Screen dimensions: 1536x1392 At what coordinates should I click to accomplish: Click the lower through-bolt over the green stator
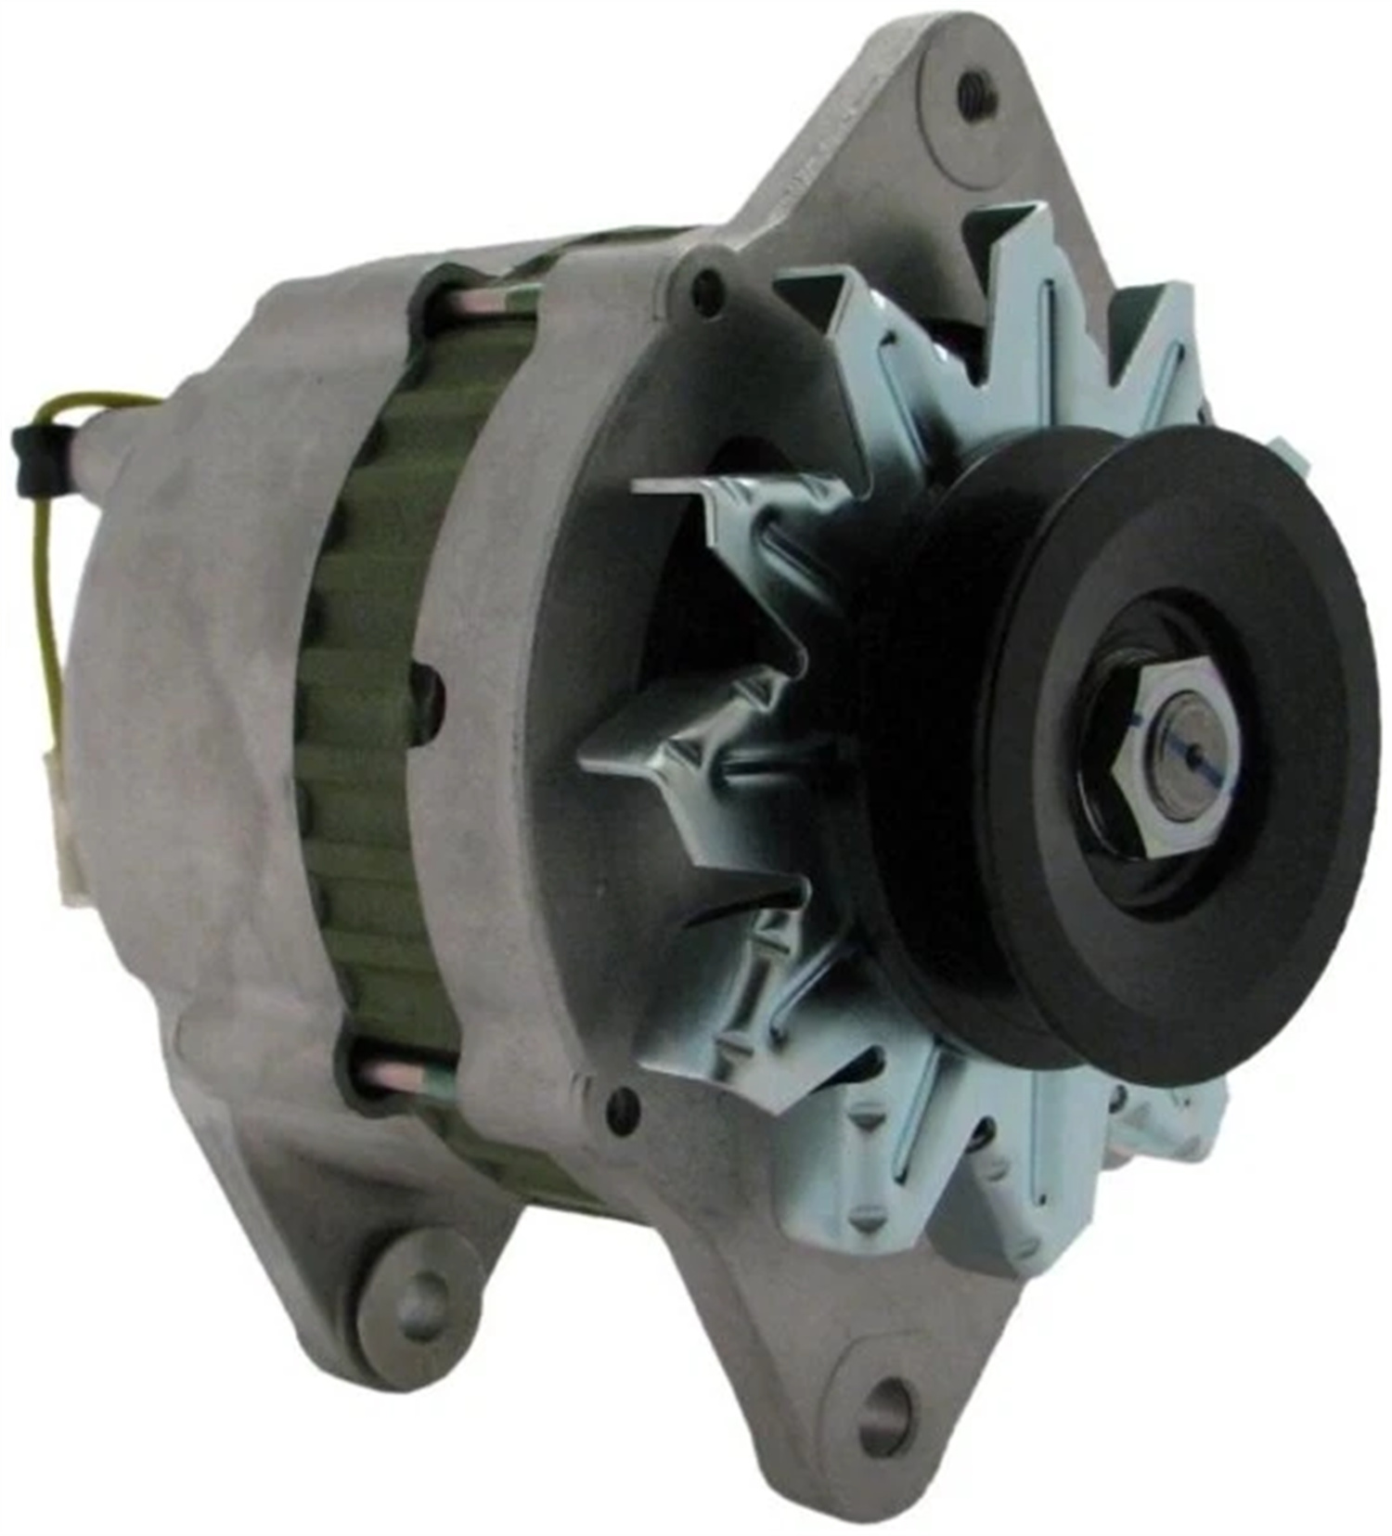(399, 1077)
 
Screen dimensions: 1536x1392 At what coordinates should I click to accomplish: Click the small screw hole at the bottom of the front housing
(620, 1108)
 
